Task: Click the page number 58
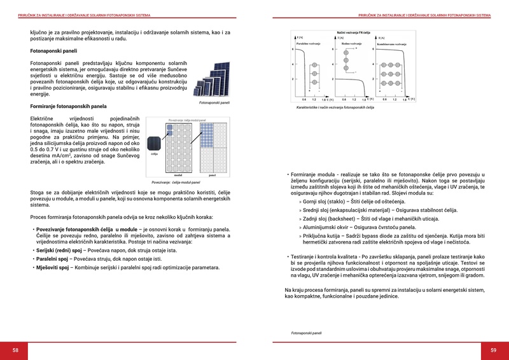(x=15, y=350)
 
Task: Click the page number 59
(x=493, y=350)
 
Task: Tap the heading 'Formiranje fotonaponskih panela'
(x=69, y=106)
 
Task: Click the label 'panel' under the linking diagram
(x=212, y=175)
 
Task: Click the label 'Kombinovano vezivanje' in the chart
(x=391, y=43)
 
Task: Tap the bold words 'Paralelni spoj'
(x=53, y=260)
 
